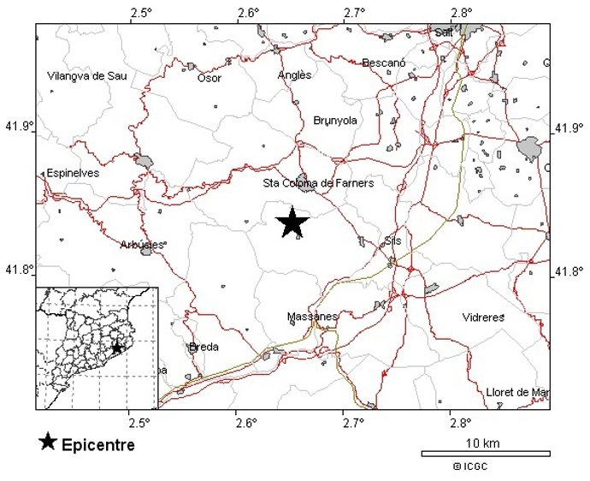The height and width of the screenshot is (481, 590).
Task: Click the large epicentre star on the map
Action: tap(292, 223)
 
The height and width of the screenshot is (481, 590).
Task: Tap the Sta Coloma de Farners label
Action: tap(317, 183)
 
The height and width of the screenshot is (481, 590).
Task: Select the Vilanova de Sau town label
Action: tap(87, 76)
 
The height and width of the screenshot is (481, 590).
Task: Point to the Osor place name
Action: tap(209, 78)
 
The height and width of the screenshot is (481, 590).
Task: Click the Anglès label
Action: tap(295, 75)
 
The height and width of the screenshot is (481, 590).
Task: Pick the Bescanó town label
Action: tap(384, 62)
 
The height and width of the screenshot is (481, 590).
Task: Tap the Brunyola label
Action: tap(334, 121)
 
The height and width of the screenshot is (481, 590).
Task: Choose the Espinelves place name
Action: tap(74, 173)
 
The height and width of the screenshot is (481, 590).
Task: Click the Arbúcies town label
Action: tap(141, 244)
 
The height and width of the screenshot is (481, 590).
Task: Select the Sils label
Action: tap(392, 241)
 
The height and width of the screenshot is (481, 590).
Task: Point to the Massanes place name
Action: tap(312, 317)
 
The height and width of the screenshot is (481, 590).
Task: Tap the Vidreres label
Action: tap(483, 318)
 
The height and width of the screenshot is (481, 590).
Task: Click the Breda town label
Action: tap(204, 347)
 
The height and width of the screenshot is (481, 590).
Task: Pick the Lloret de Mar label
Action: tap(516, 392)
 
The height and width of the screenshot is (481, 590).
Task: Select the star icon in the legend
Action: tap(48, 442)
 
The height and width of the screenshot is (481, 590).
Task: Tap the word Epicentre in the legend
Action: tap(97, 445)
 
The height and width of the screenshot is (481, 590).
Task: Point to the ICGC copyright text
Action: tap(470, 466)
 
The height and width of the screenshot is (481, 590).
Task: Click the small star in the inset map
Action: tap(116, 348)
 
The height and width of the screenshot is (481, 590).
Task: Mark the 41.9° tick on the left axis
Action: tap(21, 127)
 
